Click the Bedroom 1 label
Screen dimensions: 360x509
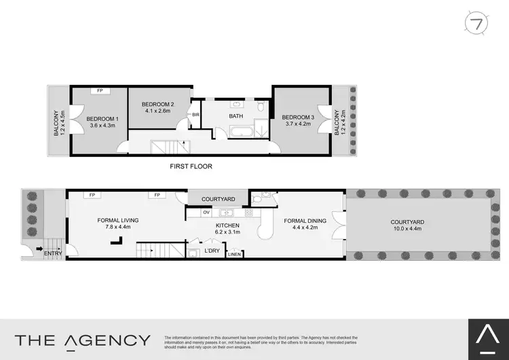[102, 119]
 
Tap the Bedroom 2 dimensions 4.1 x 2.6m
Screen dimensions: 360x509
[157, 112]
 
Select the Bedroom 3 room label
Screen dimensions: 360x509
[298, 117]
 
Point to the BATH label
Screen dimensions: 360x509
[235, 116]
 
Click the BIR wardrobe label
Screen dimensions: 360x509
[195, 115]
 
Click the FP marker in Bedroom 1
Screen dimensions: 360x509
[100, 91]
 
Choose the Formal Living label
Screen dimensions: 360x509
[118, 220]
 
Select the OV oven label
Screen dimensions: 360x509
[206, 213]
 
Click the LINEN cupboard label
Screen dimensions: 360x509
[234, 255]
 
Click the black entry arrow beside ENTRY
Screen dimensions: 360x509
[38, 249]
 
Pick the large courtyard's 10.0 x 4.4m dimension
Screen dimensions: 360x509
[407, 229]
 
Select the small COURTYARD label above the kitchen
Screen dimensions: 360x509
[219, 199]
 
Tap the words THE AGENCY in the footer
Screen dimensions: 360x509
[83, 340]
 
